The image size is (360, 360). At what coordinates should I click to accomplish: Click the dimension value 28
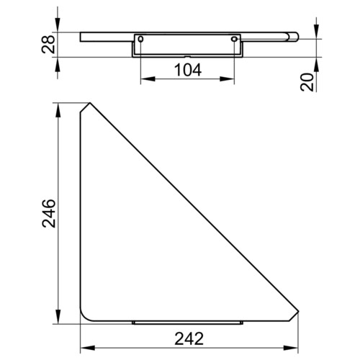click(x=48, y=45)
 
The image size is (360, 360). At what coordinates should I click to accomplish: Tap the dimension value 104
click(x=188, y=70)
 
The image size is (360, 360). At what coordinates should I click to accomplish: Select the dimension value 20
click(x=307, y=82)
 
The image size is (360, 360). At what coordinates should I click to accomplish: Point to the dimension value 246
click(x=49, y=213)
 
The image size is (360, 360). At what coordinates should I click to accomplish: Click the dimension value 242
click(x=189, y=338)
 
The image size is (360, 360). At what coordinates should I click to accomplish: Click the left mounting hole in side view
click(x=141, y=39)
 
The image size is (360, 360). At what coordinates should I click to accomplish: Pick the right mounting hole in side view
click(x=234, y=39)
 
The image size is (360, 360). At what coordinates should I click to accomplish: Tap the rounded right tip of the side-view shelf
click(x=293, y=37)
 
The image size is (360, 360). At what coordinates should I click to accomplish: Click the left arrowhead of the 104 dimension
click(x=148, y=78)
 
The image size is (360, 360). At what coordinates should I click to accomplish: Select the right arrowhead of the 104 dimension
click(x=227, y=78)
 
